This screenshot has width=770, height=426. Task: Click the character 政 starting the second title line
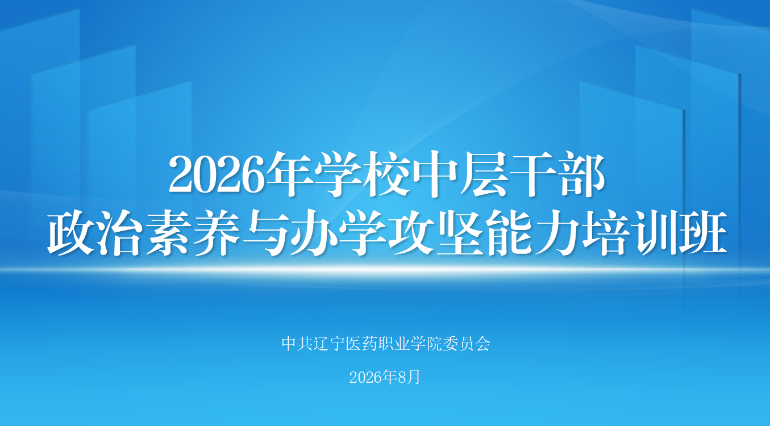click(x=70, y=232)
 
